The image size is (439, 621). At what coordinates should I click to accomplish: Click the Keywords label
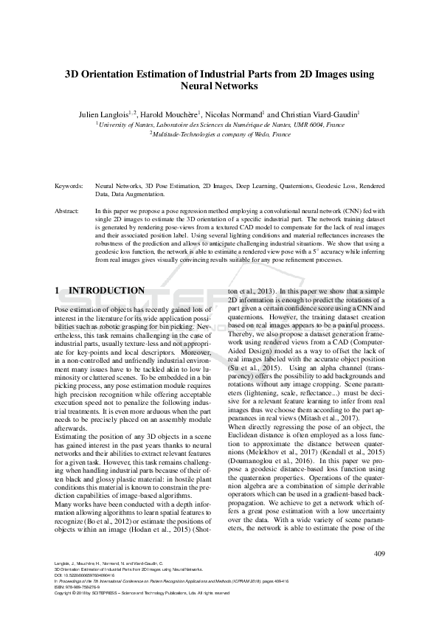point(69,187)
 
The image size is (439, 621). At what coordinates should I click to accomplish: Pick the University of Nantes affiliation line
point(219,126)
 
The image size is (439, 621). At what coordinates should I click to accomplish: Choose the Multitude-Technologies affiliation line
point(219,135)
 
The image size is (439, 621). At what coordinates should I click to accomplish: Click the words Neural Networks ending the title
point(219,86)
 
